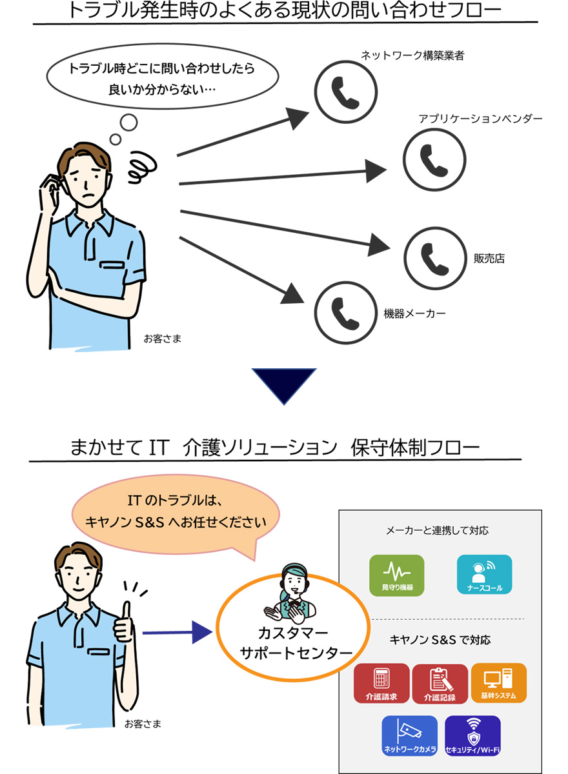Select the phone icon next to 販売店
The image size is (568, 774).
click(x=434, y=257)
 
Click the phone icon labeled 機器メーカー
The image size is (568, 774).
click(x=345, y=312)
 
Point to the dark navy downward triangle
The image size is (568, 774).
click(x=284, y=383)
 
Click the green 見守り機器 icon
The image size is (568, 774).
click(x=397, y=574)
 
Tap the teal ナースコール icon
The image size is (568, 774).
click(x=484, y=574)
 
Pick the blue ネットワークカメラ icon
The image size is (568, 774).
click(x=410, y=736)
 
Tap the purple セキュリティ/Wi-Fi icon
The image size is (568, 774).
click(x=472, y=736)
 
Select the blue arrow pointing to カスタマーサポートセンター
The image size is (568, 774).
click(x=177, y=633)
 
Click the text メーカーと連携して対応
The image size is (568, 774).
click(x=437, y=531)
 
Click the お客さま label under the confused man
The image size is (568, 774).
click(x=163, y=338)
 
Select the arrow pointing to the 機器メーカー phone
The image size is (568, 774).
click(x=239, y=270)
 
